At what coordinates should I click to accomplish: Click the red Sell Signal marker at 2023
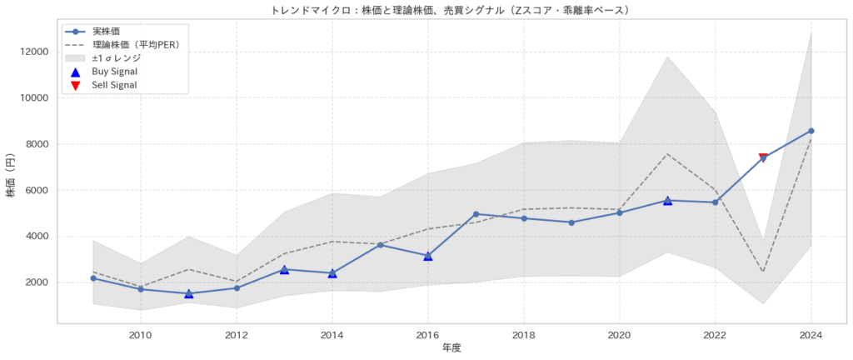point(763,157)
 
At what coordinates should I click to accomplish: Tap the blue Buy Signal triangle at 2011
point(188,293)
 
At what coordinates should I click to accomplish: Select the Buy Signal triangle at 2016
point(428,256)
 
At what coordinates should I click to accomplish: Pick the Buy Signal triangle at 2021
point(667,200)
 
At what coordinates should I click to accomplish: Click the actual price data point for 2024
point(811,131)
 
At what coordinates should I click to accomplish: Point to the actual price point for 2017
point(476,214)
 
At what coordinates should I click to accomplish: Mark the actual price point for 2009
point(92,277)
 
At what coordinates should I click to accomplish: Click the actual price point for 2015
point(380,245)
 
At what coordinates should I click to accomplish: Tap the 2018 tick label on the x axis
point(524,336)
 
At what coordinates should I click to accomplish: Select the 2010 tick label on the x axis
point(141,336)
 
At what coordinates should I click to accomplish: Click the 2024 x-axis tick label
point(811,336)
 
